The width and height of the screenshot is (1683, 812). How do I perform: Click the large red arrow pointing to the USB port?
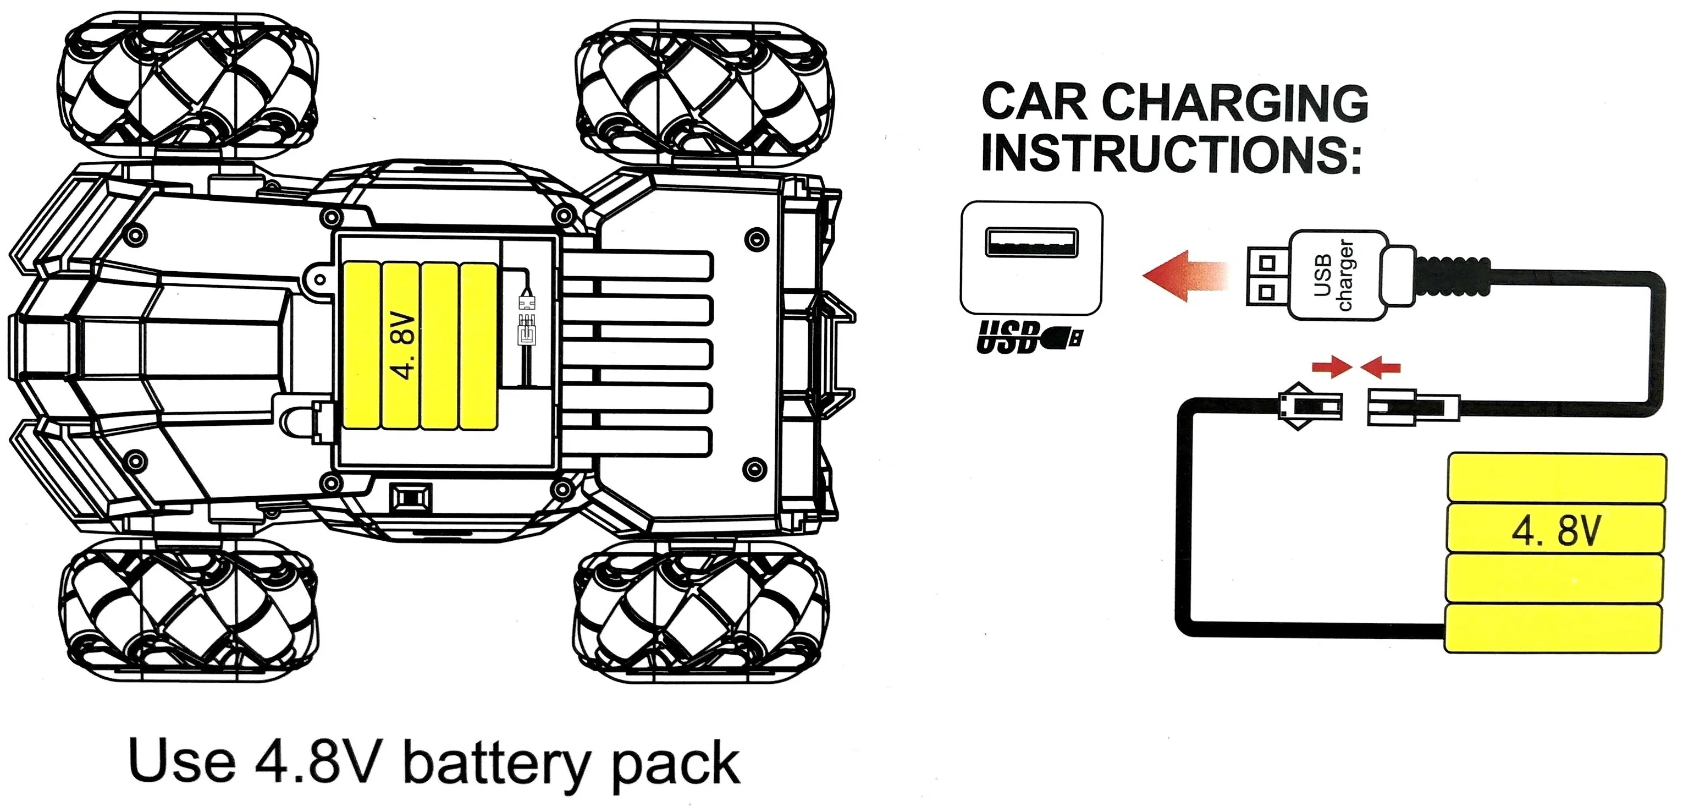pyautogui.click(x=1187, y=275)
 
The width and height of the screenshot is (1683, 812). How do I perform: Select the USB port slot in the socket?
pyautogui.click(x=1031, y=243)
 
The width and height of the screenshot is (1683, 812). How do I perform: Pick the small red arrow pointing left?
pyautogui.click(x=1381, y=366)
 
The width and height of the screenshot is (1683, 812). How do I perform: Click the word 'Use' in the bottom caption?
pyautogui.click(x=183, y=761)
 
